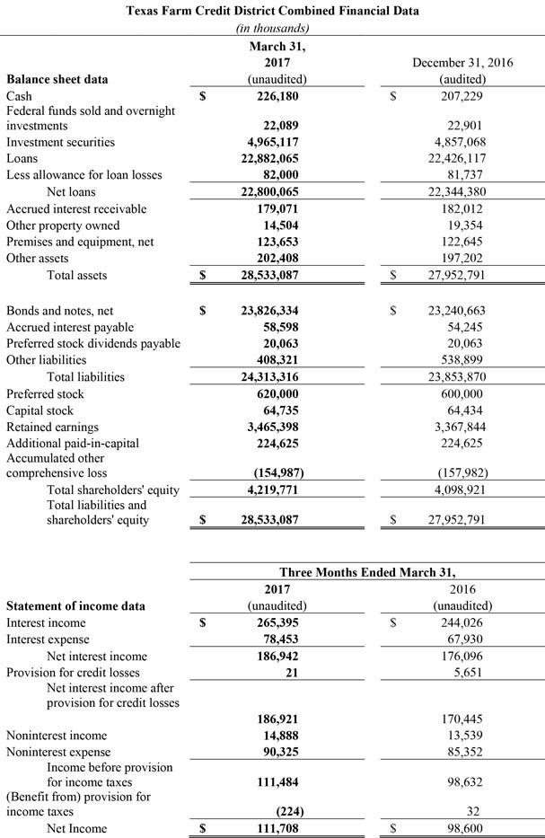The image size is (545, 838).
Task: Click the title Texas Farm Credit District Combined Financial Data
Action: [272, 11]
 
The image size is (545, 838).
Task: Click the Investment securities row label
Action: [60, 143]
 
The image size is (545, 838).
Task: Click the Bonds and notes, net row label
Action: [60, 311]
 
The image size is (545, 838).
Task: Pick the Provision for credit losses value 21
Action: [293, 673]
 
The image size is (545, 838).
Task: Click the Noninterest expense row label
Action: [58, 752]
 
